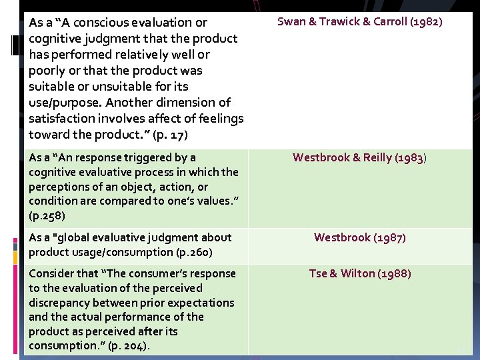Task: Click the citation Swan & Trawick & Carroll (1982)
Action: pos(359,21)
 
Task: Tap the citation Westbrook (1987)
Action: pos(359,237)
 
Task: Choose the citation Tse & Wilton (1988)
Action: pos(359,273)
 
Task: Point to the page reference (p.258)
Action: pos(47,216)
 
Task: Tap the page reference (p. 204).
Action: pos(127,345)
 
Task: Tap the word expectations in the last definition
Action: pos(200,303)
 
